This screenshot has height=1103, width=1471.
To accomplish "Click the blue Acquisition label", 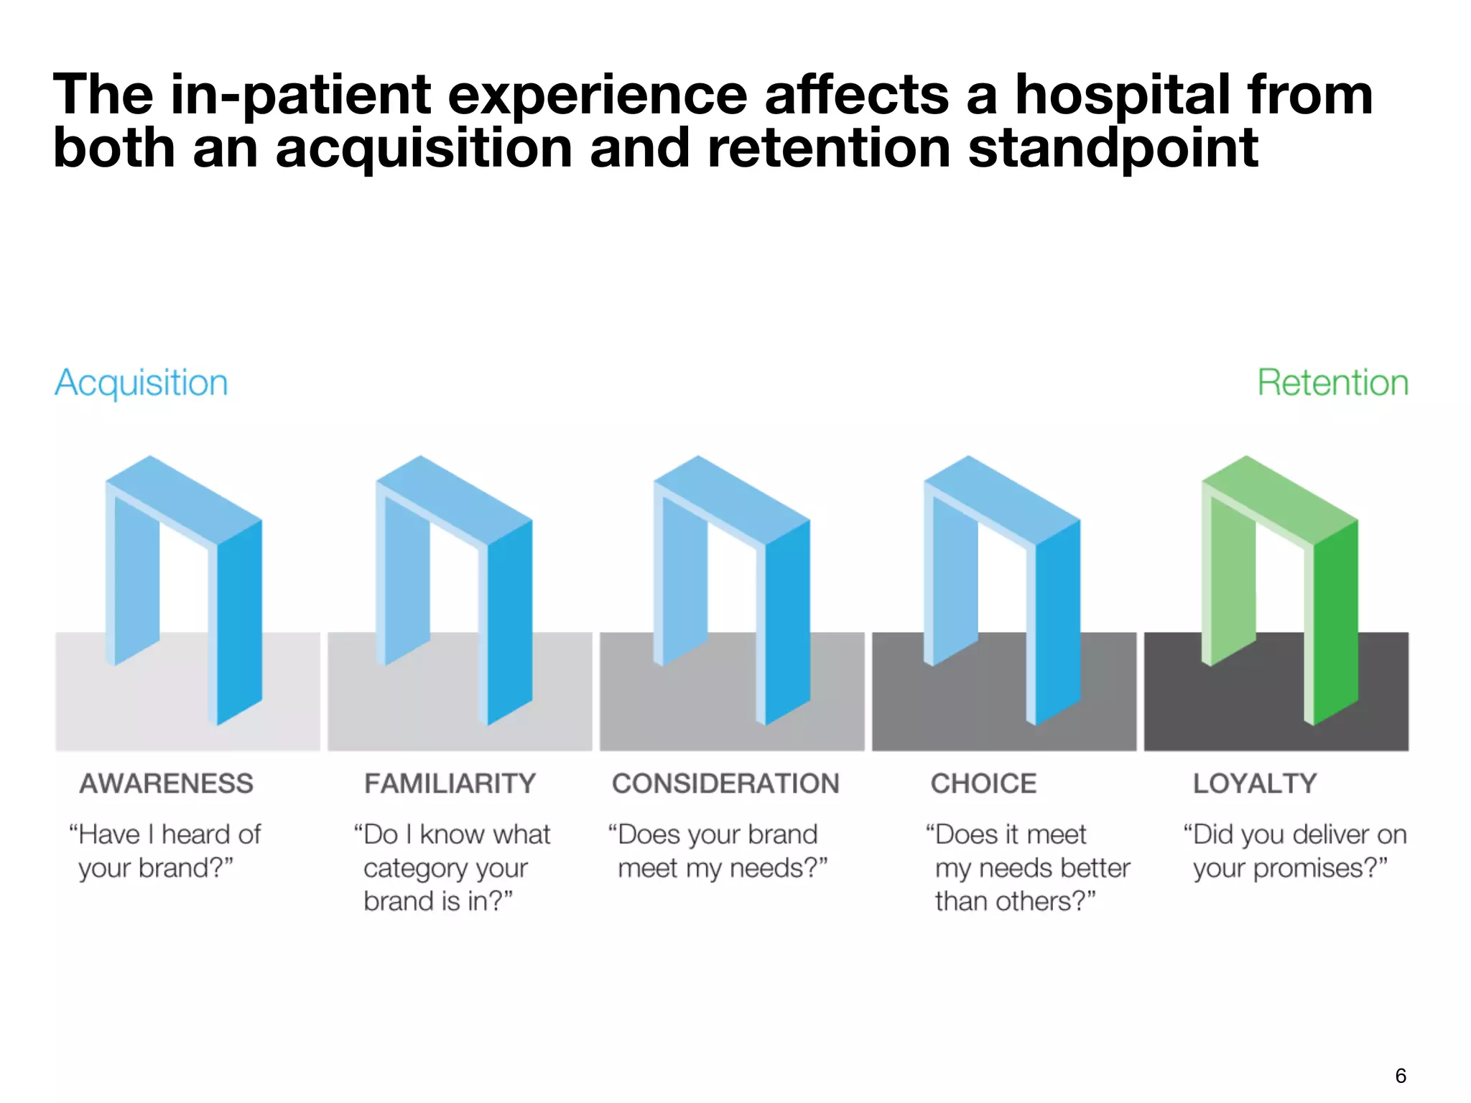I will [x=141, y=383].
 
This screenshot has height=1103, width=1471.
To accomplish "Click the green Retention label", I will [x=1332, y=383].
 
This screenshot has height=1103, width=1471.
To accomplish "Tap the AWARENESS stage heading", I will [x=167, y=783].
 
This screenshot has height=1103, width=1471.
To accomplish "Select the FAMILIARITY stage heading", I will [x=450, y=783].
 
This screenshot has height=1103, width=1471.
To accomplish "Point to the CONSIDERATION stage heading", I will [x=725, y=783].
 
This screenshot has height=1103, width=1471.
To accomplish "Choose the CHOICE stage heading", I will [x=983, y=783].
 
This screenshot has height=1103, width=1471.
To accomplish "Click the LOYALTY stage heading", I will [x=1255, y=783].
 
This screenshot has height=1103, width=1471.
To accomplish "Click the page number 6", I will [x=1400, y=1076].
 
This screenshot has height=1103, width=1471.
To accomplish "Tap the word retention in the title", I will [x=828, y=149].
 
